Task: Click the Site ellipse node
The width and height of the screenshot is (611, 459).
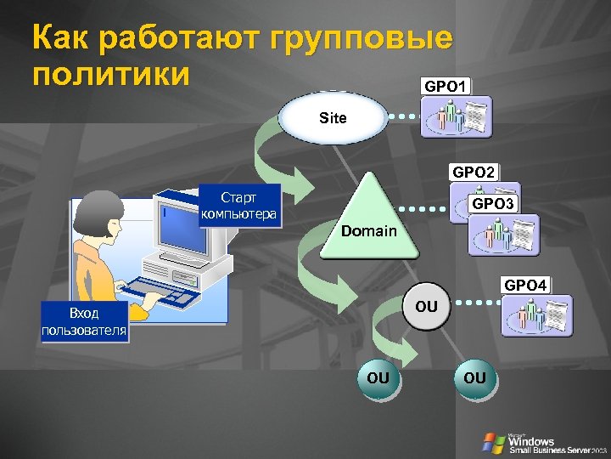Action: [x=334, y=117]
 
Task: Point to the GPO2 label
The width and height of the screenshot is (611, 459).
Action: [x=475, y=172]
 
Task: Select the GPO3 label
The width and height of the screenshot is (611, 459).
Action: [x=495, y=204]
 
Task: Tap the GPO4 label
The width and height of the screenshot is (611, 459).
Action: [x=525, y=285]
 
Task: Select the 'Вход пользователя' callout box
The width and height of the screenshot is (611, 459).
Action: [x=85, y=321]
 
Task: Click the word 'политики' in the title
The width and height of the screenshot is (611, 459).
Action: [x=109, y=75]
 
